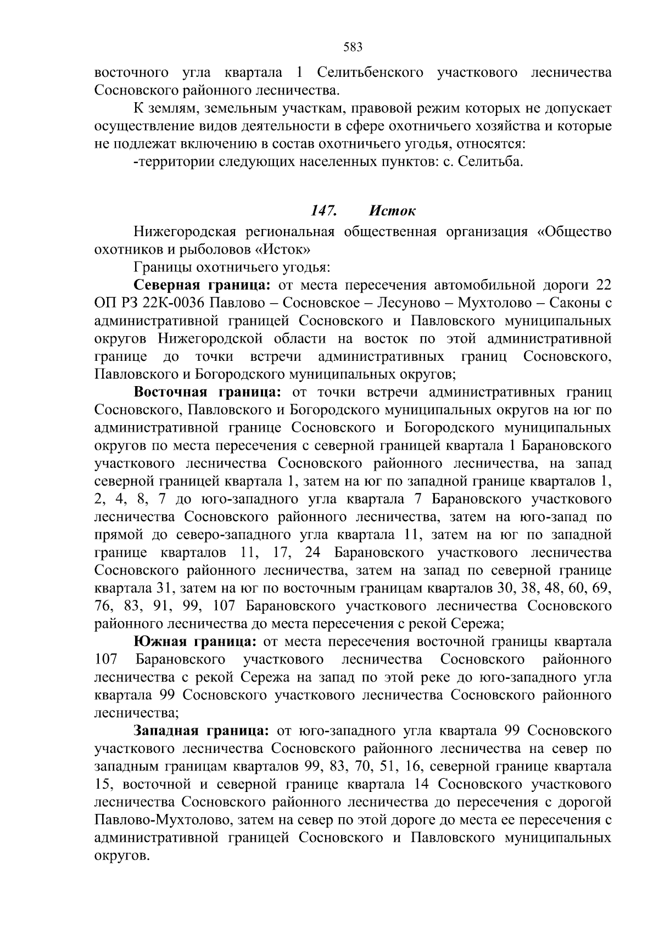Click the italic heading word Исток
[392, 211]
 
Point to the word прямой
[118, 534]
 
